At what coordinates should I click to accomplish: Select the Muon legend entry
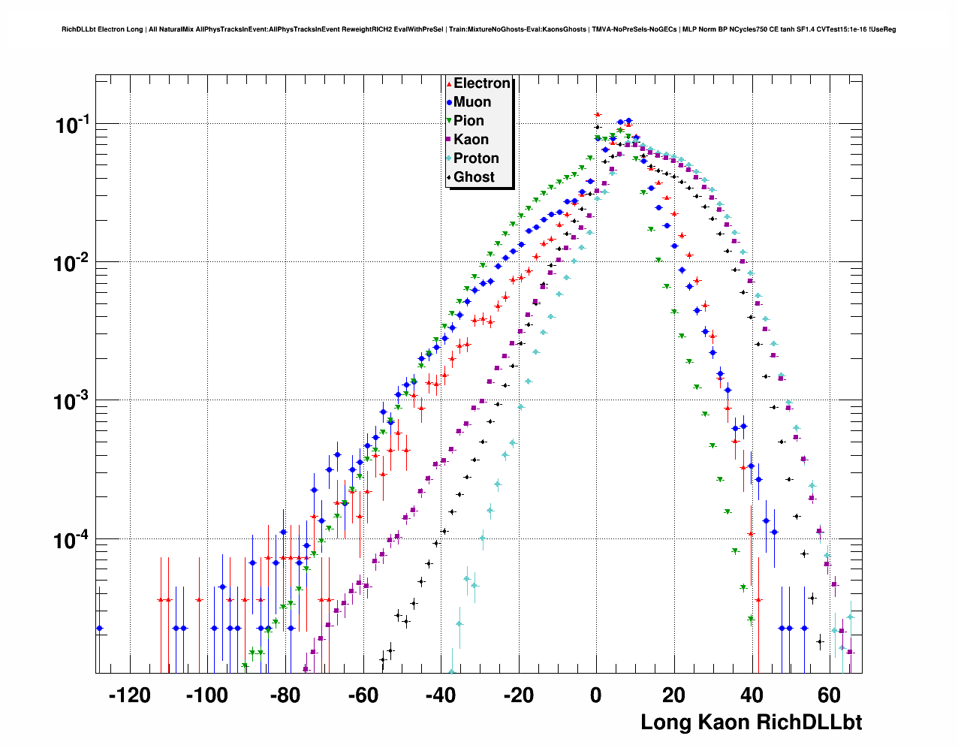click(471, 102)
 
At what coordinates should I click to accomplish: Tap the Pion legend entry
click(468, 121)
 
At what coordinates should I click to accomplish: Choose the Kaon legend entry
click(471, 140)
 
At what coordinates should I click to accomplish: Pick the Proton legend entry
click(476, 158)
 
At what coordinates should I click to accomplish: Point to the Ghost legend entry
click(474, 177)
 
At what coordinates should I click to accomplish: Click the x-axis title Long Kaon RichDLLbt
click(751, 722)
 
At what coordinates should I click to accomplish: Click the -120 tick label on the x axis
click(129, 695)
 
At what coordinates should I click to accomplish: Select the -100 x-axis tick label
click(206, 695)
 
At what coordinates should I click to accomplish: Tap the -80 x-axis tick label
click(285, 695)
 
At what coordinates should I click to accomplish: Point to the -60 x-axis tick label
click(363, 695)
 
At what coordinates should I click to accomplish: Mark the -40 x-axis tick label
click(441, 695)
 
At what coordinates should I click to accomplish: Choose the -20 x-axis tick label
click(518, 695)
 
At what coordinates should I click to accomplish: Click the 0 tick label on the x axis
click(596, 695)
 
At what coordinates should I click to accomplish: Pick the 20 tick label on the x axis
click(674, 695)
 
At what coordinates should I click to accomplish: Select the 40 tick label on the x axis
click(752, 695)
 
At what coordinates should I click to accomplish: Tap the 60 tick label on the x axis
click(830, 695)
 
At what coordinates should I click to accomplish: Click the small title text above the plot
click(478, 29)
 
